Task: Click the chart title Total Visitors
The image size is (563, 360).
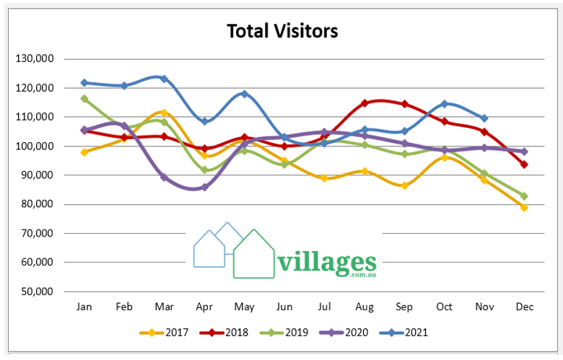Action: (282, 32)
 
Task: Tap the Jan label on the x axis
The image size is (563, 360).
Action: (84, 307)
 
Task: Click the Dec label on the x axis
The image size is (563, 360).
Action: (525, 307)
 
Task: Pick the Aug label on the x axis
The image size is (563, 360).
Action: (365, 307)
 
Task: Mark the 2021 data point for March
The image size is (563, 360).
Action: (164, 79)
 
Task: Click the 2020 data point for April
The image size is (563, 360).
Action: (204, 187)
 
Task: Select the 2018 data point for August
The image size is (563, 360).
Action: (365, 103)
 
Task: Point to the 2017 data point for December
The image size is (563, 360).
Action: (525, 207)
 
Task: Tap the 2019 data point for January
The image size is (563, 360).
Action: (84, 99)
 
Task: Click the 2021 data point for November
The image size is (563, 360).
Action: (484, 118)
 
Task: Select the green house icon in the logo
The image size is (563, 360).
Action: (254, 256)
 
